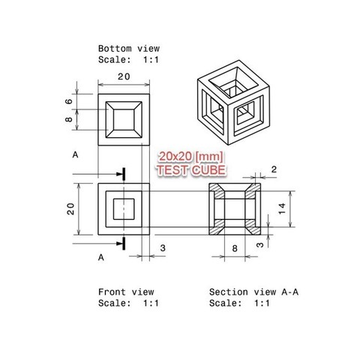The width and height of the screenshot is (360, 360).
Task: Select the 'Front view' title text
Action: pos(125,291)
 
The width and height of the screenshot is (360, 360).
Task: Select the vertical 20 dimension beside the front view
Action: pos(70,207)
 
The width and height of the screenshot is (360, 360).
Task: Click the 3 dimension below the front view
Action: pos(163,247)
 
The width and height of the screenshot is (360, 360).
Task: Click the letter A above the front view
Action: pos(75,155)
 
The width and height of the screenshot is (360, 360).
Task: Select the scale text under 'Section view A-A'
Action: pos(237,303)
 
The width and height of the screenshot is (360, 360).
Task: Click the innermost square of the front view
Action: pos(125,207)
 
